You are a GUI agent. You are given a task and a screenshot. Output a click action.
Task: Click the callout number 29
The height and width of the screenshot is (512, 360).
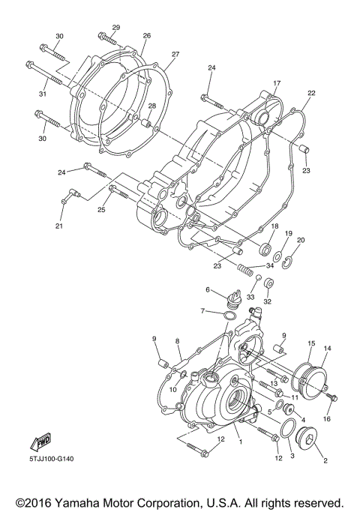[115, 28]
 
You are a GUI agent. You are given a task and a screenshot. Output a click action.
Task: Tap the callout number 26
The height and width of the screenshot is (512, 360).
[147, 36]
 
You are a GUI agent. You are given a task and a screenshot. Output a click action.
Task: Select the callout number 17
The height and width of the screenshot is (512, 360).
[276, 83]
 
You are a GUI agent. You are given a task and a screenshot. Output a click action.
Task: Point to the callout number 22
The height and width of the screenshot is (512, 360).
[311, 94]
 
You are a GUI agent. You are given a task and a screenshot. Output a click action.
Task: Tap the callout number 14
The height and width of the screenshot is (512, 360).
[326, 349]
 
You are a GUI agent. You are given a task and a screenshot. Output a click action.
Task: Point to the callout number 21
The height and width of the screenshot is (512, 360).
[59, 226]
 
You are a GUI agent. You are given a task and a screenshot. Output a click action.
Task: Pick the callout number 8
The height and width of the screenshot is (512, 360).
[178, 341]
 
